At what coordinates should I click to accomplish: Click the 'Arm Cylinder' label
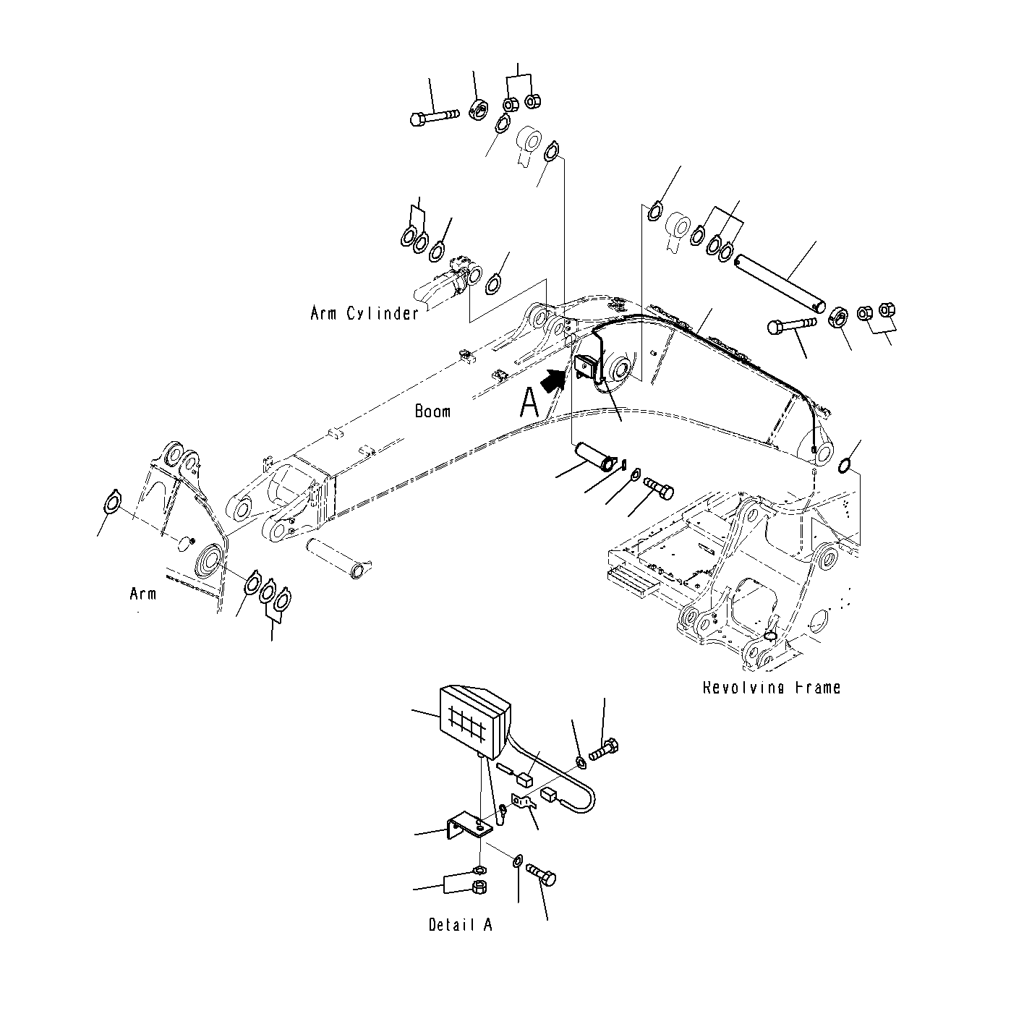(x=364, y=313)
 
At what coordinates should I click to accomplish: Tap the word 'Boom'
(x=432, y=411)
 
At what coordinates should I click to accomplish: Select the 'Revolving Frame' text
(x=771, y=687)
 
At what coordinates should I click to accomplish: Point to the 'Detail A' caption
(x=460, y=925)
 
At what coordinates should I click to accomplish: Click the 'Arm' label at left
(x=142, y=594)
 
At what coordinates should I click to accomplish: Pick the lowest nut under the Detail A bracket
(x=478, y=887)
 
